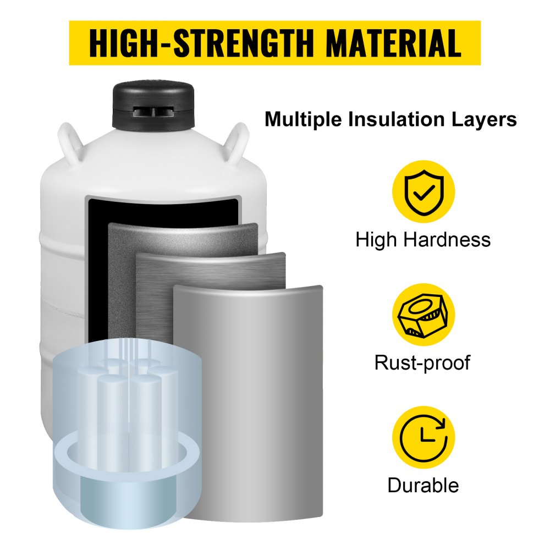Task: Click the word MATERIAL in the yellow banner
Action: coord(393,43)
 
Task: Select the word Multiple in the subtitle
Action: coord(303,119)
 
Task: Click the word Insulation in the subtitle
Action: coord(396,119)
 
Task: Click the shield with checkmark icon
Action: coord(424,191)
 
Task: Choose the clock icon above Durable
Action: coord(424,437)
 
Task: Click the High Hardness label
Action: coord(423,240)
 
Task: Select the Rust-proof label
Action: coord(422,362)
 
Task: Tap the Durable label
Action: coord(423,486)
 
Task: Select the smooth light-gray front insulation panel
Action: coord(248,402)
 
